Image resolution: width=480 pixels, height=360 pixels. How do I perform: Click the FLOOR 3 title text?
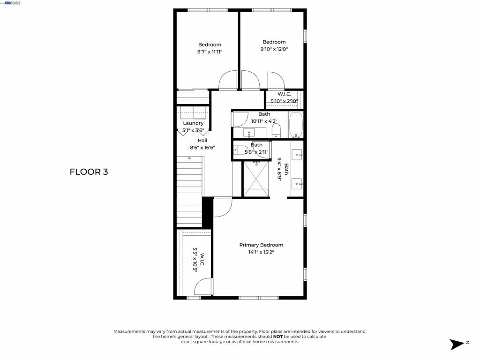pyautogui.click(x=89, y=172)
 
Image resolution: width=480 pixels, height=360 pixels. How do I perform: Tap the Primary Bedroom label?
pyautogui.click(x=261, y=245)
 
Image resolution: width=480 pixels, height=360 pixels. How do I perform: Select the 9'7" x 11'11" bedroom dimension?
pyautogui.click(x=210, y=52)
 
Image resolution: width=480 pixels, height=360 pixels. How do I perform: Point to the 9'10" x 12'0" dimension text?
pyautogui.click(x=274, y=49)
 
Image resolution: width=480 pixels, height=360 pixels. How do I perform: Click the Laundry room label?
pyautogui.click(x=193, y=123)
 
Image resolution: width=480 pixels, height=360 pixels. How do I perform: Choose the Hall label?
pyautogui.click(x=202, y=140)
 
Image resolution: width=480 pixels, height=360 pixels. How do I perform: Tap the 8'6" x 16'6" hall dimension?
pyautogui.click(x=202, y=148)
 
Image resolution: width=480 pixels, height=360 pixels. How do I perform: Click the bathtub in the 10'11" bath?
pyautogui.click(x=296, y=125)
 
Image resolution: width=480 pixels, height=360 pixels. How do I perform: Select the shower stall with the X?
pyautogui.click(x=256, y=179)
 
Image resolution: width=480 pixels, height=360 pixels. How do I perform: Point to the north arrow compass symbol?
pyautogui.click(x=457, y=344)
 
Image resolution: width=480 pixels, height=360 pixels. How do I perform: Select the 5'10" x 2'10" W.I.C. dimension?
pyautogui.click(x=284, y=101)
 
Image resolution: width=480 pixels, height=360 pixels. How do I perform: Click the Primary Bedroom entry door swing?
pyautogui.click(x=223, y=208)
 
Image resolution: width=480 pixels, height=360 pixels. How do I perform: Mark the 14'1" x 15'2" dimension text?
pyautogui.click(x=261, y=252)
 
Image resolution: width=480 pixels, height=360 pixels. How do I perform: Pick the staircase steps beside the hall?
pyautogui.click(x=189, y=191)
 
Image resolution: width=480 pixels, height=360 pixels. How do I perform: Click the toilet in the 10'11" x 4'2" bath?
pyautogui.click(x=276, y=131)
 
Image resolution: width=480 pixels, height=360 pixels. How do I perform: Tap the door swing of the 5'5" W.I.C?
pyautogui.click(x=203, y=287)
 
